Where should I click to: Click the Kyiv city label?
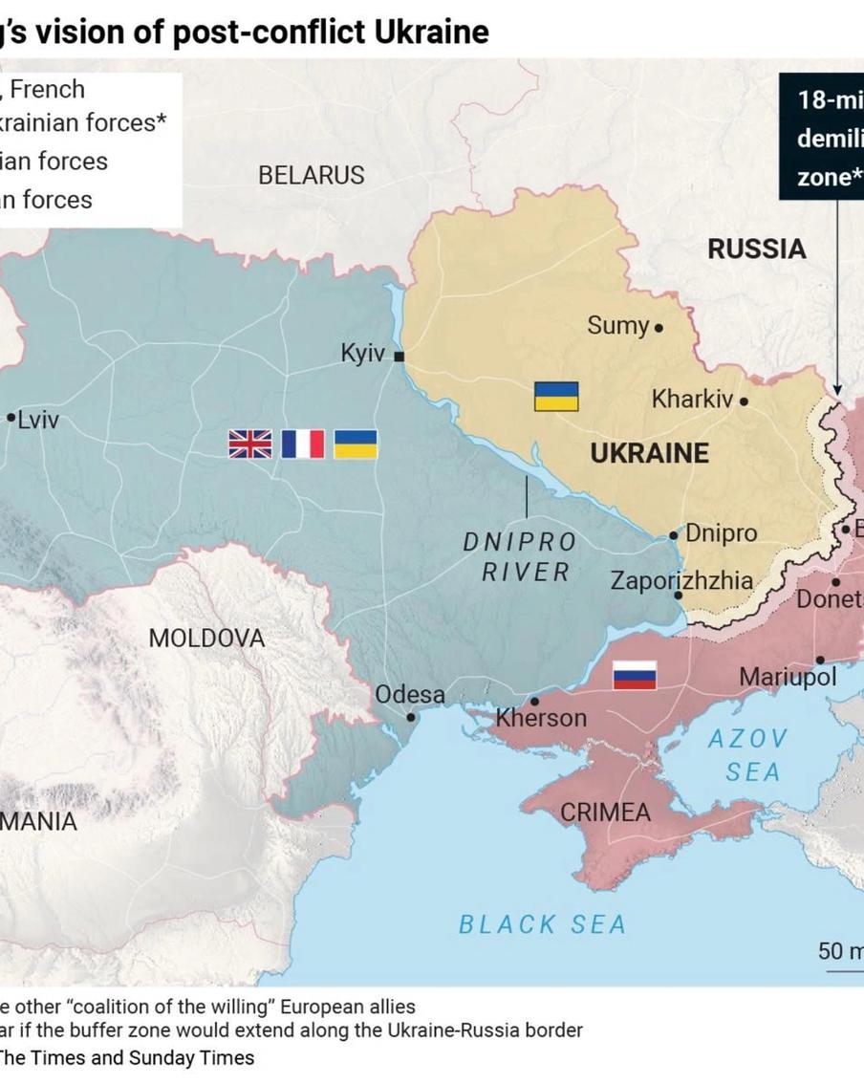(362, 354)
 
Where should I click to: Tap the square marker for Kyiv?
(400, 357)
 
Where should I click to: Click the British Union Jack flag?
(249, 444)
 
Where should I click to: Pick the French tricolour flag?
(302, 444)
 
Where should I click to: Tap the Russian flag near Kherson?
(634, 675)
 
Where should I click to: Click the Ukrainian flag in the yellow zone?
(555, 397)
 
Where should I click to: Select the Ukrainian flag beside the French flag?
(355, 444)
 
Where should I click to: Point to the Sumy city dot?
(659, 328)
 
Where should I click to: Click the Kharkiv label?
(692, 400)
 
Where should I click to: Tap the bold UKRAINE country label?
(649, 453)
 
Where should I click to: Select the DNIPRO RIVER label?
(520, 557)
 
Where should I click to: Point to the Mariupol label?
(787, 678)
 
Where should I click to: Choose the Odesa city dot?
(411, 717)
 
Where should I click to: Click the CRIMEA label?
(605, 813)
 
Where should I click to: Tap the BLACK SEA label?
(542, 924)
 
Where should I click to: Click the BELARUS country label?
(311, 176)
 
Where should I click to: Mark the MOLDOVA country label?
(206, 639)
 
